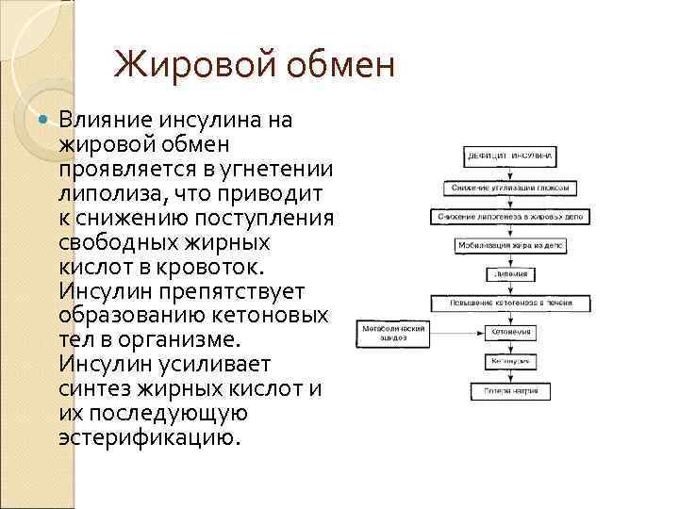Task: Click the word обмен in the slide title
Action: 330,66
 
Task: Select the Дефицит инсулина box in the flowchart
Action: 510,155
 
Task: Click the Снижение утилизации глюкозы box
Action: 510,188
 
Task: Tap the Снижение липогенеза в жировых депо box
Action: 510,216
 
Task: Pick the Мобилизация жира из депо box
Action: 510,245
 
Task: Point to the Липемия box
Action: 510,274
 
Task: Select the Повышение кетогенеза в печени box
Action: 510,303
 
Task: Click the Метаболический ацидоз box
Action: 392,332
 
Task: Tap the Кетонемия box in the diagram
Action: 510,333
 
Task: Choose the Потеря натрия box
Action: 510,390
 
